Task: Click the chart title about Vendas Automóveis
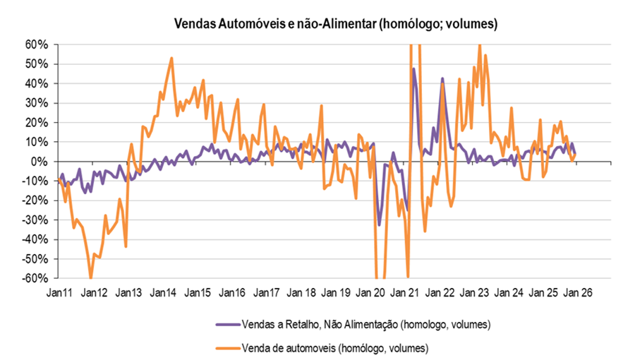336,24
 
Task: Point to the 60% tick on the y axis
35,44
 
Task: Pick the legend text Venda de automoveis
335,347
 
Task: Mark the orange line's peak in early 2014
172,58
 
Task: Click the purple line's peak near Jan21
413,68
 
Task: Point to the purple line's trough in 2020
379,225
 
